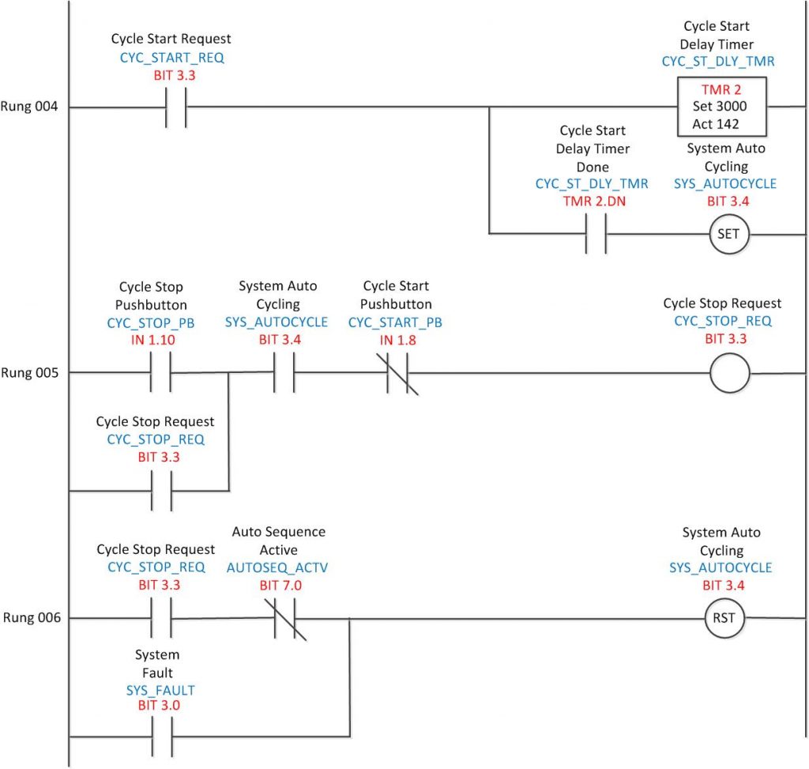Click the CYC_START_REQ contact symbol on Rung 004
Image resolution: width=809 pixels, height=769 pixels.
[175, 107]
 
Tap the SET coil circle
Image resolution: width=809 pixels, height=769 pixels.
[728, 235]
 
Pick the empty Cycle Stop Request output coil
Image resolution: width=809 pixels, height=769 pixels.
[728, 373]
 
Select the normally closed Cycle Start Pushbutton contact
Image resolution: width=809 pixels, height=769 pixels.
[401, 373]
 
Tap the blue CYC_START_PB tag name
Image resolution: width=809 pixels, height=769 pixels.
[395, 322]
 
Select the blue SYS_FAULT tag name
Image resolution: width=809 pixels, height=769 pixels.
[160, 690]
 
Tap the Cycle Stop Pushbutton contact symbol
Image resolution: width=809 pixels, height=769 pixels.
[160, 373]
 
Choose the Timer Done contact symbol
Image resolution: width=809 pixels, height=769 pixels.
[596, 235]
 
